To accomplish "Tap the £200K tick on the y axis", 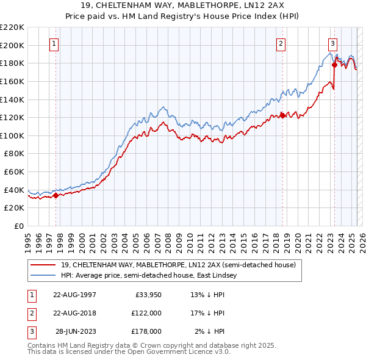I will (x=12, y=45).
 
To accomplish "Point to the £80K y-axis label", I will (x=13, y=154).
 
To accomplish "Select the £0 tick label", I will (x=18, y=226).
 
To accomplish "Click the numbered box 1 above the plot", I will (x=55, y=43).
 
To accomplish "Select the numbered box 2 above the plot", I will (x=281, y=43).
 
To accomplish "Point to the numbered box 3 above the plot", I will (x=332, y=43).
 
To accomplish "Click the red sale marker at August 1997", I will (x=56, y=196).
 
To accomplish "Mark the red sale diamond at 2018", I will (x=282, y=115).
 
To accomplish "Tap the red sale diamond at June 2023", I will (x=334, y=65).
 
